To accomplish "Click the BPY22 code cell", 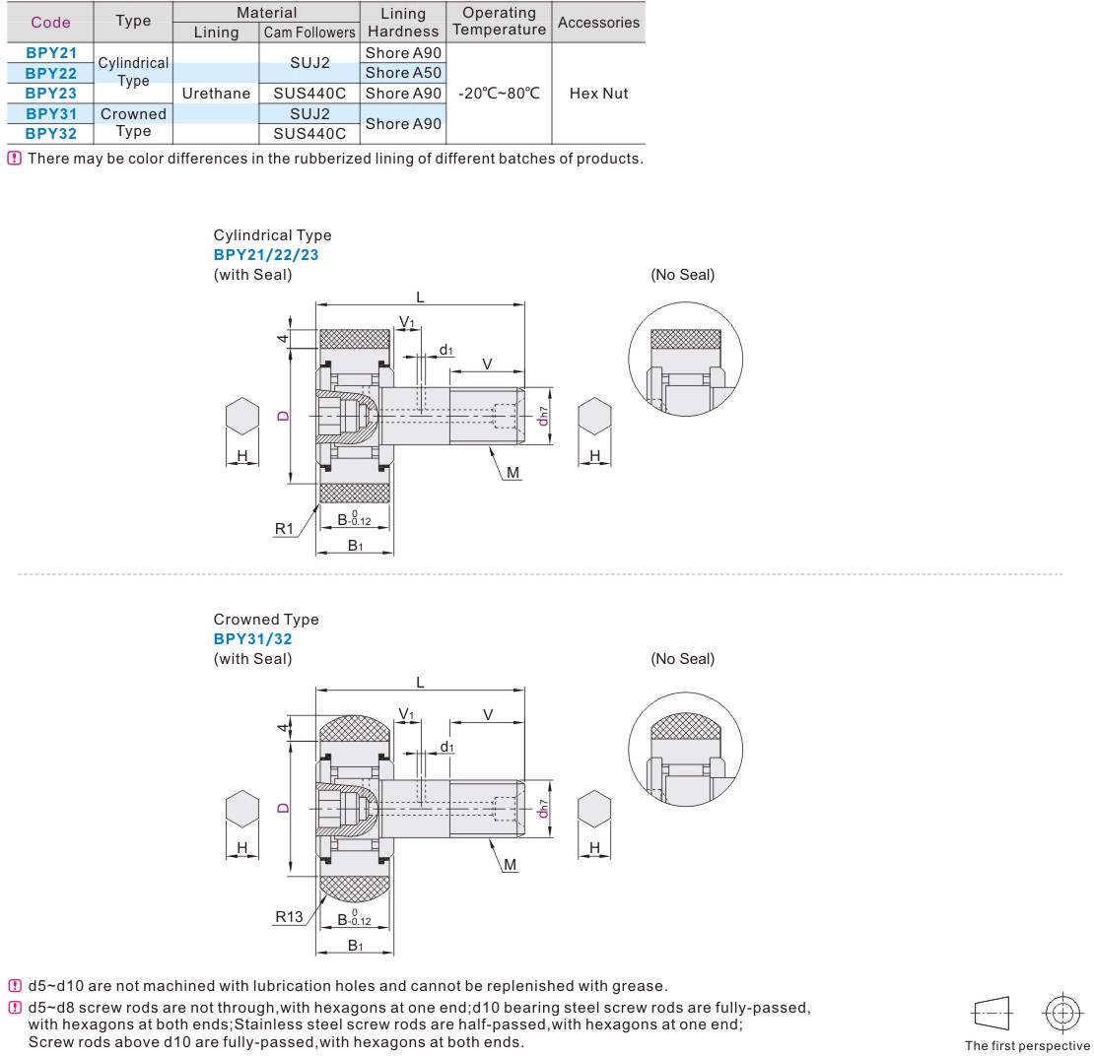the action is pyautogui.click(x=51, y=73).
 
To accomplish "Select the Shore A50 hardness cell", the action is pyautogui.click(x=403, y=73).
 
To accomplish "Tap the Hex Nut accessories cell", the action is pyautogui.click(x=598, y=94).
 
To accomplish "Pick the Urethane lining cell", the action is pyautogui.click(x=216, y=94).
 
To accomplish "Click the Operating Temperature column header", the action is pyautogui.click(x=499, y=21).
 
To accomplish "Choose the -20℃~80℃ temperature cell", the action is pyautogui.click(x=499, y=94).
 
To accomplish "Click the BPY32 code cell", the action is pyautogui.click(x=51, y=133).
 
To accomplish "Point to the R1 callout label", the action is pyautogui.click(x=284, y=529).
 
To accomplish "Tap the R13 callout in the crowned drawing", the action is pyautogui.click(x=289, y=916).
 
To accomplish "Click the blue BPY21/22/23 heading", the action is pyautogui.click(x=266, y=254).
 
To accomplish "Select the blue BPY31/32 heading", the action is pyautogui.click(x=252, y=639).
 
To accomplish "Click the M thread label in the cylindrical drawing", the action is pyautogui.click(x=513, y=472).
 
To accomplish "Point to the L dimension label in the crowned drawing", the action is pyautogui.click(x=420, y=682).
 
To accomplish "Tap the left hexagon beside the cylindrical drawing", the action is pyautogui.click(x=242, y=416).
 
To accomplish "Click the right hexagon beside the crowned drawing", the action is pyautogui.click(x=594, y=809).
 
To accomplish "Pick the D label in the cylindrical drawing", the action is pyautogui.click(x=283, y=416).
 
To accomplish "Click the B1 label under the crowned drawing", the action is pyautogui.click(x=355, y=945).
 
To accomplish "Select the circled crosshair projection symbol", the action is pyautogui.click(x=1061, y=1012).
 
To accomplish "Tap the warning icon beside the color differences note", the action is pyautogui.click(x=14, y=158).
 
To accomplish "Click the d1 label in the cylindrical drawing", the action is pyautogui.click(x=445, y=350).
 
